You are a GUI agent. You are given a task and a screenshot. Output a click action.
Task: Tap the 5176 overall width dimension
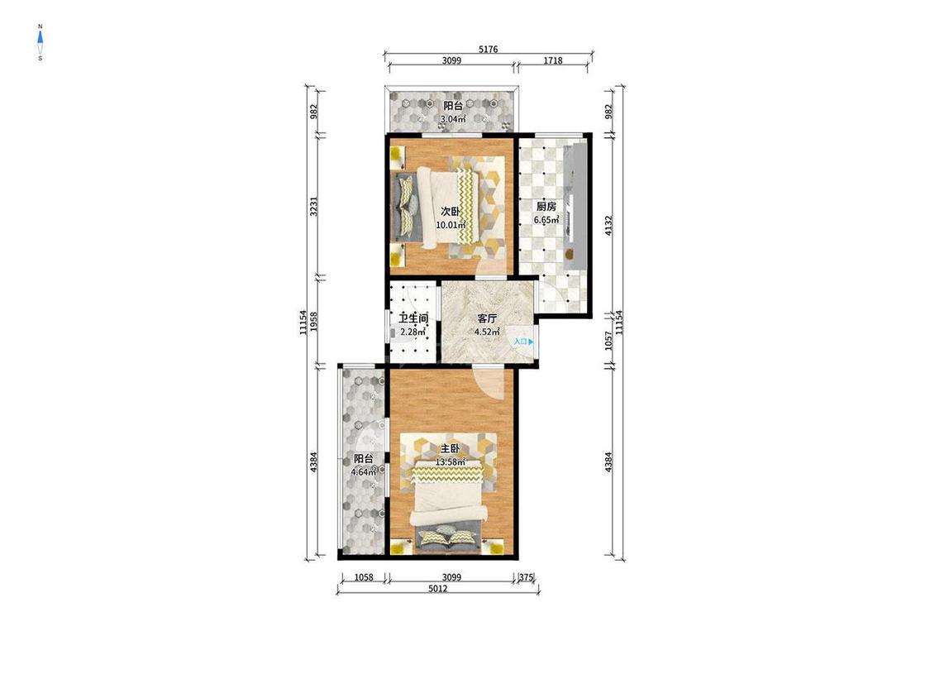488,50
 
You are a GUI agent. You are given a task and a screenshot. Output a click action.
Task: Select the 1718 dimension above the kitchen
553,60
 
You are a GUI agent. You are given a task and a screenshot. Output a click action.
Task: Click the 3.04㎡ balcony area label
452,119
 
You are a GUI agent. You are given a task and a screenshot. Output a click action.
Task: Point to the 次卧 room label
451,212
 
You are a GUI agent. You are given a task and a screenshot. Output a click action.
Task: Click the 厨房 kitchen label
546,207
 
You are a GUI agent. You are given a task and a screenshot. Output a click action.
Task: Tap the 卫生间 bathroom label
413,318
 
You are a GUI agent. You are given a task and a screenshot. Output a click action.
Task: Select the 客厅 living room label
487,318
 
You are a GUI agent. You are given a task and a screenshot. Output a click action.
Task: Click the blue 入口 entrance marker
524,342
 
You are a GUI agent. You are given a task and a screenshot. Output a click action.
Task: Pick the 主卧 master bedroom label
451,449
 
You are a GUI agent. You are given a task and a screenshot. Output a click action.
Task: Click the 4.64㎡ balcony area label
365,472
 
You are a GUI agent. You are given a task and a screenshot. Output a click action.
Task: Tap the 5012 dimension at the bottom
437,588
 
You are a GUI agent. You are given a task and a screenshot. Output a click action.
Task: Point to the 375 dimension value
527,576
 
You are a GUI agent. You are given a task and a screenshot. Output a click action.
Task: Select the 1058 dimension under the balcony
364,576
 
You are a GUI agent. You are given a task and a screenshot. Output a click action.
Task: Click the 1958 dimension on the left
314,322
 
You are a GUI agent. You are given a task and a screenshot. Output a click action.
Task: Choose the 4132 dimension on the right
608,226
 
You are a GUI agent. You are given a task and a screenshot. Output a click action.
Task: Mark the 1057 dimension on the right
608,341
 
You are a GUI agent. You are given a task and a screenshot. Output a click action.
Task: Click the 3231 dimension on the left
314,207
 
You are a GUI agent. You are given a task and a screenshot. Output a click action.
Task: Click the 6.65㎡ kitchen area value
546,220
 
